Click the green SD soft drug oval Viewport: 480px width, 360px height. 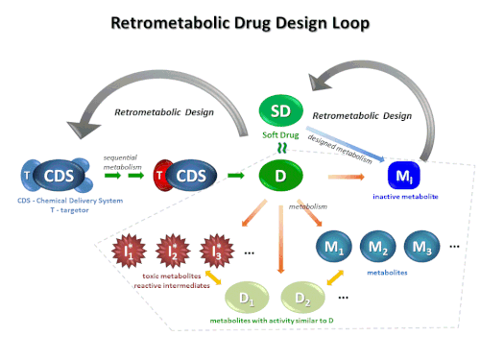[x=281, y=110]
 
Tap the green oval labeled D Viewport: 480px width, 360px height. [x=280, y=176]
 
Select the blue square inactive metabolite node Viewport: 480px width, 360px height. [x=403, y=176]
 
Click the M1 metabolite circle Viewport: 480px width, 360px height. [x=334, y=247]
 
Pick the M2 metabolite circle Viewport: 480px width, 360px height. [x=378, y=247]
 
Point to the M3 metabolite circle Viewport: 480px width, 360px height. [x=421, y=247]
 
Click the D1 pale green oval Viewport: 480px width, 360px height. [x=247, y=299]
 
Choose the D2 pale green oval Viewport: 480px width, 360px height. [x=302, y=299]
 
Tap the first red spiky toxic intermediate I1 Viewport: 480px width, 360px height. [x=129, y=251]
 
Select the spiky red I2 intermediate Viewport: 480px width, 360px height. [x=173, y=251]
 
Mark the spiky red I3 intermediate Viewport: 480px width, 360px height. [x=217, y=251]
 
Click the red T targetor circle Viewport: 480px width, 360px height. [x=162, y=176]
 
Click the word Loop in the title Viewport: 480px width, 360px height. [x=350, y=23]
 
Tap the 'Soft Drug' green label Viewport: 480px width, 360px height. [x=280, y=135]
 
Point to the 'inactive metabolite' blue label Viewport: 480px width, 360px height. [x=405, y=197]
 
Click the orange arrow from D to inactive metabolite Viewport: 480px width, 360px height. [x=347, y=177]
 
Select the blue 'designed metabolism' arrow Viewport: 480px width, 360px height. [x=346, y=144]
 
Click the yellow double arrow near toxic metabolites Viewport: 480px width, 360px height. [x=213, y=277]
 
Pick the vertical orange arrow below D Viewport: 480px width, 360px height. [x=281, y=239]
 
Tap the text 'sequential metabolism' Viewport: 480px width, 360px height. [x=122, y=162]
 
